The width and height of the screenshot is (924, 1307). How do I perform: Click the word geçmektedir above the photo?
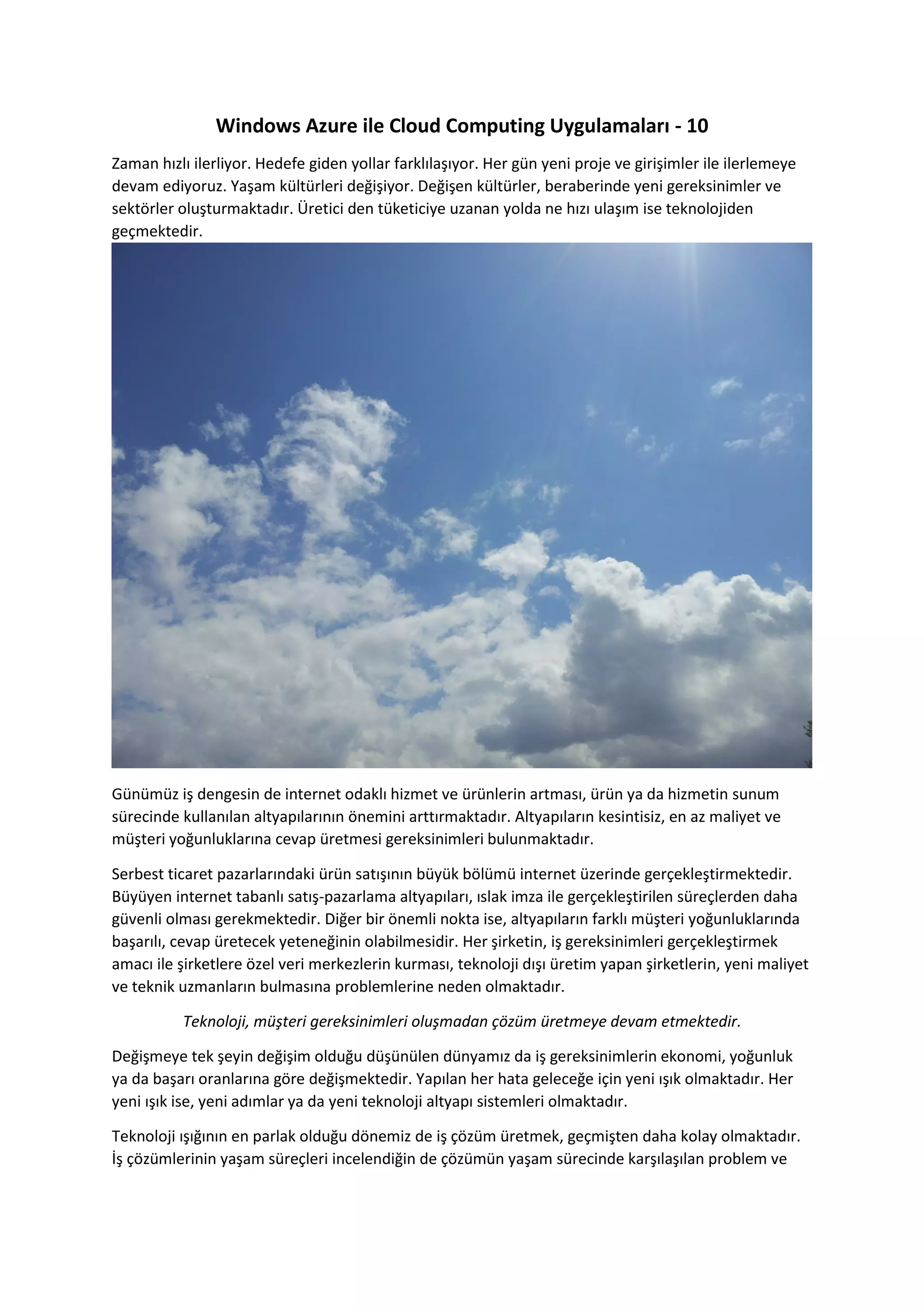[x=157, y=232]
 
